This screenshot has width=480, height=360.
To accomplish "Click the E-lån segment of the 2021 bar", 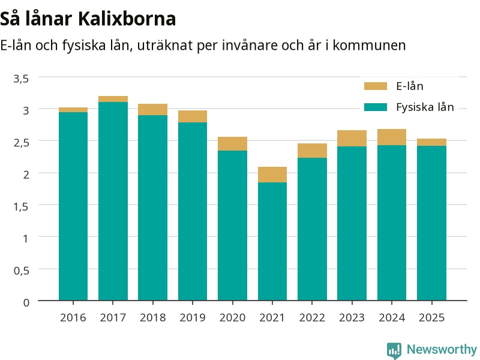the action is [x=272, y=175].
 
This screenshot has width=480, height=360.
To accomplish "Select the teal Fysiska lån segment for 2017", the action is [x=113, y=201].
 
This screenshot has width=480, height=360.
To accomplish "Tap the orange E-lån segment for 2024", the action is [x=392, y=137].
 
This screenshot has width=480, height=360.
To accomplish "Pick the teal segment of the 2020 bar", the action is [x=232, y=226].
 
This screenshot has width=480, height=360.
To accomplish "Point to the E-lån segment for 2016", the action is [x=73, y=110].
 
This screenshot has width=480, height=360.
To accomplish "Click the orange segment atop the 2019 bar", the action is [x=193, y=116].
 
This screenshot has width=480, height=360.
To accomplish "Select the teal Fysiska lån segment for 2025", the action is [x=431, y=223].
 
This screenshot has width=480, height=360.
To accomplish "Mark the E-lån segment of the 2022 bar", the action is [x=312, y=151].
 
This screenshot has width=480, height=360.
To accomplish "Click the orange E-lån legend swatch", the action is [x=376, y=86].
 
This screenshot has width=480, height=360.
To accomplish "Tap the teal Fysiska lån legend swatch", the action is [x=376, y=107].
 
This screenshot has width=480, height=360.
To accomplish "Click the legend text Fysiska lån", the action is [x=425, y=107].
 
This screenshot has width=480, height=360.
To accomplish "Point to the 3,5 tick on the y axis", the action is [x=21, y=79].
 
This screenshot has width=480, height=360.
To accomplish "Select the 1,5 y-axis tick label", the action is [x=21, y=206].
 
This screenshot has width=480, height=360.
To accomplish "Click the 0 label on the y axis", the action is [x=26, y=302].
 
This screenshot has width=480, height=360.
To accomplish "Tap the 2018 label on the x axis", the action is [x=153, y=317].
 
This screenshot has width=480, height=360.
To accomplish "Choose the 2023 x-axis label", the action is [x=352, y=317].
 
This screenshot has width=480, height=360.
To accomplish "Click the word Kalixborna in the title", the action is [x=127, y=19].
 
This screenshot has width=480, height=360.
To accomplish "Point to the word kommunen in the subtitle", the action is [x=369, y=46].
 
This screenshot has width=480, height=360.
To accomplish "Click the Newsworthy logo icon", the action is [x=394, y=350].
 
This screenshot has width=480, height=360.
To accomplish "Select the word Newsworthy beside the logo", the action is [x=442, y=349].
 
